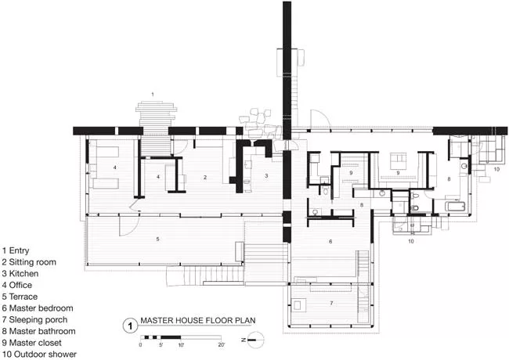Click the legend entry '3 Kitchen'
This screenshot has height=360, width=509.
(x=20, y=273)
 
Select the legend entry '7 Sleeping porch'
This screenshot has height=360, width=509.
(x=34, y=320)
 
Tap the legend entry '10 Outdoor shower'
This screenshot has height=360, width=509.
(x=39, y=355)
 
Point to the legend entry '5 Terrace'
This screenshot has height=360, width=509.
(x=20, y=297)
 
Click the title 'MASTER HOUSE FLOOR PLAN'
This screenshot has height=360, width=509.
(x=197, y=320)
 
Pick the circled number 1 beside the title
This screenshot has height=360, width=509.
(x=130, y=326)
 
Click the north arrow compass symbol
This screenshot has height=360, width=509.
(x=254, y=340)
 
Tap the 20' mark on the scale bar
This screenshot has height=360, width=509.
(x=221, y=345)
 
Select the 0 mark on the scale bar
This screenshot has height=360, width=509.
(x=140, y=345)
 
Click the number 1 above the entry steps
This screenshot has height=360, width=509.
(x=153, y=95)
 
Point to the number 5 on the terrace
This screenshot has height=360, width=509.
(x=157, y=239)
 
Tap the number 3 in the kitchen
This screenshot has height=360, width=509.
(x=266, y=176)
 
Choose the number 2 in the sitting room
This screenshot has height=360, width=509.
(x=205, y=177)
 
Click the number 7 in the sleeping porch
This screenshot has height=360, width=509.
(x=331, y=303)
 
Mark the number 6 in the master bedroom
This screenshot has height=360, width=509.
(x=330, y=241)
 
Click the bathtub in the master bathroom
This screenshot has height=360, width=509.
(x=455, y=206)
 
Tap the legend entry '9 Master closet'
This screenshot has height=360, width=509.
(x=32, y=343)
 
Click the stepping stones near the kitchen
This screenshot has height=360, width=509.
(x=260, y=125)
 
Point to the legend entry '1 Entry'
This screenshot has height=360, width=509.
(x=16, y=250)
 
